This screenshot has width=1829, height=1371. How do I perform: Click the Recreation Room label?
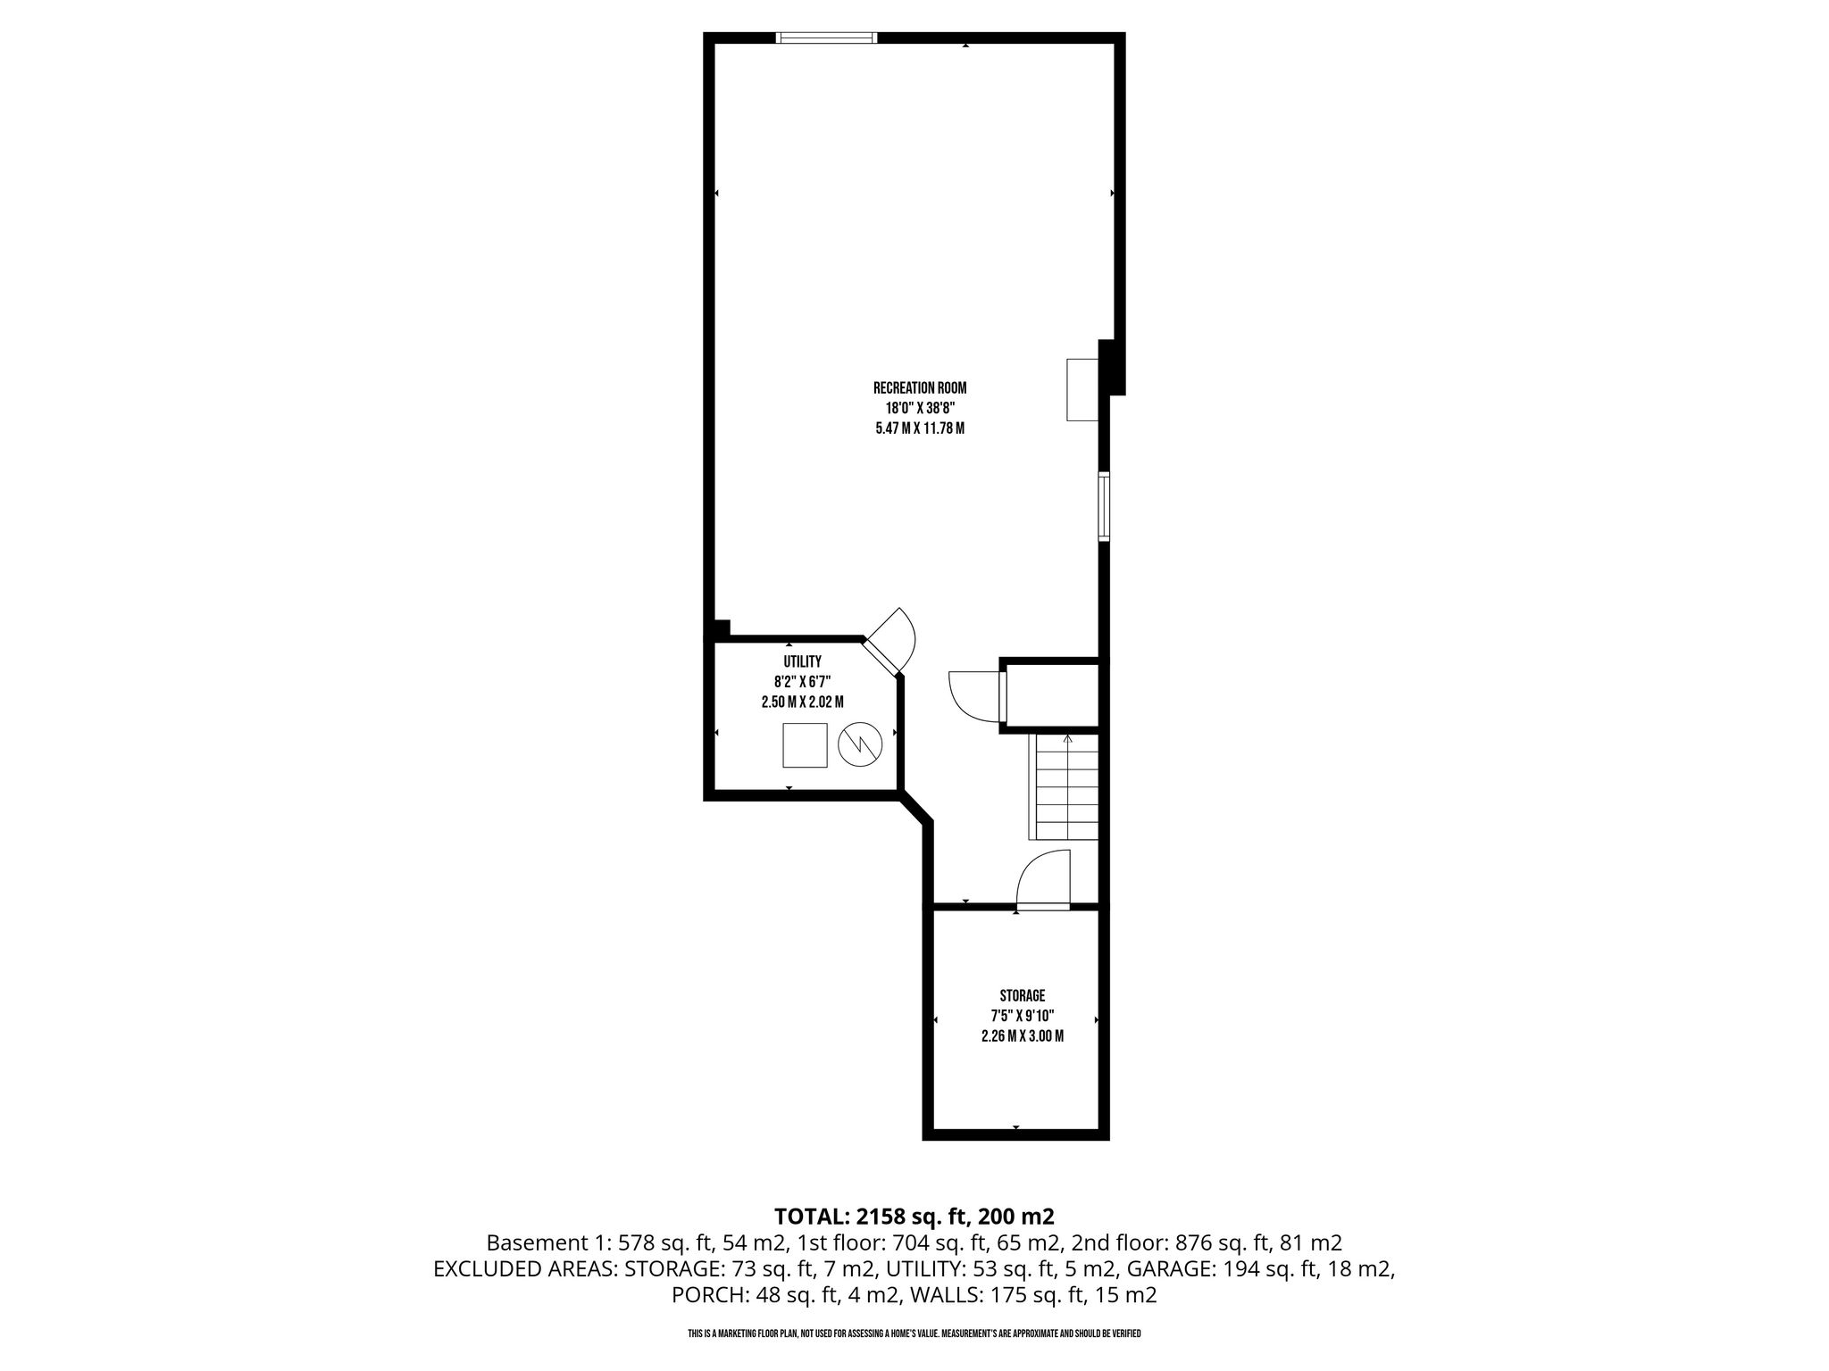(x=920, y=388)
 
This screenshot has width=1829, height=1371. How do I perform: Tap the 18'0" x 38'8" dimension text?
(x=920, y=408)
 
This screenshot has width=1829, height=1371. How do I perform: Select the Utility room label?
(x=802, y=661)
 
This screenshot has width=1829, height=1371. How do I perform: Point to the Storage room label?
(x=1022, y=995)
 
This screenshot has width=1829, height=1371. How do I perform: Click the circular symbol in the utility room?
(x=860, y=744)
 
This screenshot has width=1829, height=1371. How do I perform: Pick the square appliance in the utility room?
(x=805, y=744)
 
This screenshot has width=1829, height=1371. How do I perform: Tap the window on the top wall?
(x=826, y=37)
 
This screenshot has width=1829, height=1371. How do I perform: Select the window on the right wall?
(x=1104, y=506)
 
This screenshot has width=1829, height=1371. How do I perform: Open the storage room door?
(x=1044, y=880)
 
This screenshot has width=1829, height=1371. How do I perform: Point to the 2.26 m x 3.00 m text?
(x=1022, y=1036)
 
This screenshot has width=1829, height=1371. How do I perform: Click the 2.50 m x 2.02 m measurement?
(x=802, y=702)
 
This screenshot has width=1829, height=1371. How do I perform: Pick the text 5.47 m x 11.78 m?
(x=920, y=428)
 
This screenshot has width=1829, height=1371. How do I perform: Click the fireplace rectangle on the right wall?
(x=1082, y=389)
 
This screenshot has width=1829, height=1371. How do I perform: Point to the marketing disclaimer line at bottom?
(x=914, y=1334)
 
